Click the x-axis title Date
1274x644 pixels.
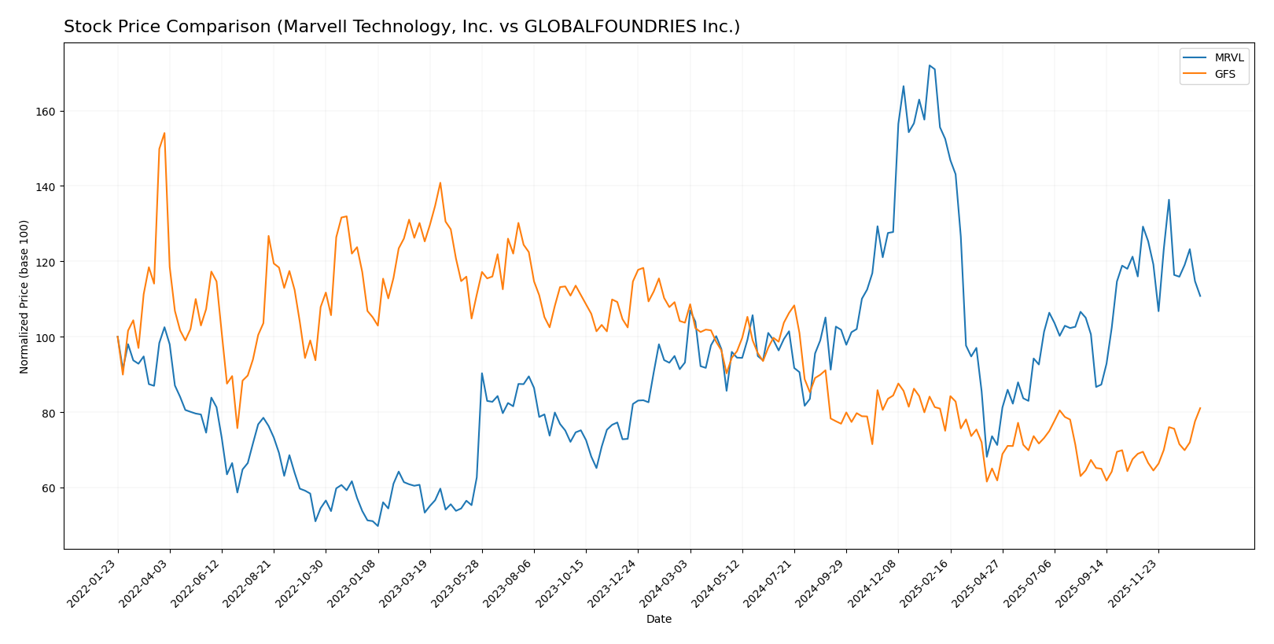coord(658,620)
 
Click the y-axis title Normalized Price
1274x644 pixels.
coord(24,296)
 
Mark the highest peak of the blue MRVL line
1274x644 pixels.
coord(929,65)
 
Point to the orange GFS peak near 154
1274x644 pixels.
coord(164,133)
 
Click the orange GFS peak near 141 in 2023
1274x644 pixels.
coord(440,183)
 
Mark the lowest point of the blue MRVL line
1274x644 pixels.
coord(377,526)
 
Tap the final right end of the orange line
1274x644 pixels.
coord(1200,408)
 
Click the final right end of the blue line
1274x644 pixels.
coord(1200,296)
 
